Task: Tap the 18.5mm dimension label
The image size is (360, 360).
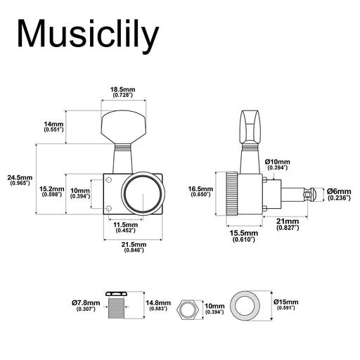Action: click(123, 92)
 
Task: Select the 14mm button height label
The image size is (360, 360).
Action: click(53, 127)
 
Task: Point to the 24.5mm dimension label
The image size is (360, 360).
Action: click(20, 180)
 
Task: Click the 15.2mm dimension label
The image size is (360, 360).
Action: click(52, 191)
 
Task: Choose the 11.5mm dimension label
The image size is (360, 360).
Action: click(126, 227)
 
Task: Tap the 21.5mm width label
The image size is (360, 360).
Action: click(134, 247)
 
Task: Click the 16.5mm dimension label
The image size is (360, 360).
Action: click(200, 191)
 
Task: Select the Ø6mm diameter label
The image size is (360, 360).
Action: click(339, 195)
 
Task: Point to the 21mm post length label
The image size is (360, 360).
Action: click(288, 224)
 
